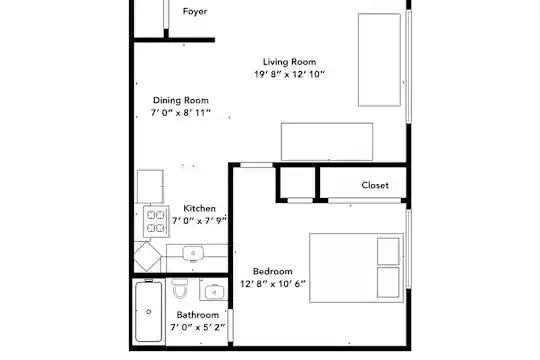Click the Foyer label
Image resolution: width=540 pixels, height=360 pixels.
click(x=195, y=11)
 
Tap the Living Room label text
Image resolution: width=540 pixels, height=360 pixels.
click(x=289, y=62)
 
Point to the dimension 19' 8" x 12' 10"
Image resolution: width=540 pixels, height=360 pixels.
click(x=289, y=74)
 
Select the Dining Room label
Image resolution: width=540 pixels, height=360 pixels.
click(x=181, y=100)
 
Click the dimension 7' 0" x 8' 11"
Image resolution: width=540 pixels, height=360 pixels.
click(x=181, y=113)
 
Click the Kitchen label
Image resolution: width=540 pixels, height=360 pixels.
click(x=199, y=208)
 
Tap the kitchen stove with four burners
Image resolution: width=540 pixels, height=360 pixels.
click(x=156, y=222)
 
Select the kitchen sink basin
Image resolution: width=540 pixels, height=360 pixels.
click(x=193, y=254)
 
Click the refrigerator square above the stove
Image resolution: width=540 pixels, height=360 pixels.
click(x=150, y=186)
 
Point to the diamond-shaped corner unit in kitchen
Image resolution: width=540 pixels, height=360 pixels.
click(x=147, y=256)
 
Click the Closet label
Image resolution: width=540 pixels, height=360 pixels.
click(x=375, y=185)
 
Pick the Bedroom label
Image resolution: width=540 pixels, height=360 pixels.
click(x=272, y=271)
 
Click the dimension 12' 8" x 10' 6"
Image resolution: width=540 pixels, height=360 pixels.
click(x=272, y=284)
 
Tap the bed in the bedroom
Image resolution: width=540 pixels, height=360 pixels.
click(x=356, y=268)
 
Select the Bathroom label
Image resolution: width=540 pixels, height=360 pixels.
click(x=198, y=315)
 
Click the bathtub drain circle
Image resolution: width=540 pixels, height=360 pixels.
click(x=148, y=312)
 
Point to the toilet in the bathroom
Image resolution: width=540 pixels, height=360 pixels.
click(x=180, y=289)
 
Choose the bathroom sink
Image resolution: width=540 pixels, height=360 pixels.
click(x=214, y=292)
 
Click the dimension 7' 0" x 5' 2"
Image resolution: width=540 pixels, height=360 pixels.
click(x=198, y=327)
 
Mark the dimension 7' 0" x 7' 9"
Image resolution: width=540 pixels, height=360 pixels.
click(x=199, y=220)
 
